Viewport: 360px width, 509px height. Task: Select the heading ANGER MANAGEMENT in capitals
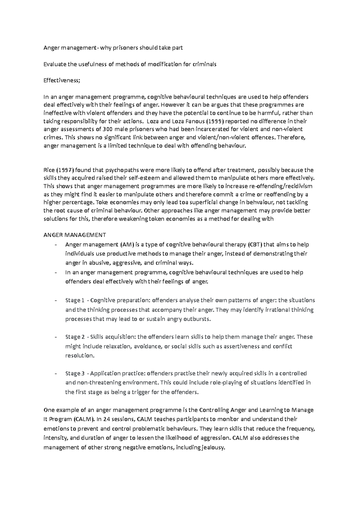pos(75,235)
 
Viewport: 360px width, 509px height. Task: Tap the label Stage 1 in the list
pos(73,300)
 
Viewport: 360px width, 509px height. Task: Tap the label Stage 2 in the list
pos(73,337)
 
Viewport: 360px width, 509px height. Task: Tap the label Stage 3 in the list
pos(73,374)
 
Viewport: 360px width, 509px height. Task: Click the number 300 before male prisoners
pos(108,129)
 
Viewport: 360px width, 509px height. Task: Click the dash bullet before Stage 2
pos(56,337)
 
